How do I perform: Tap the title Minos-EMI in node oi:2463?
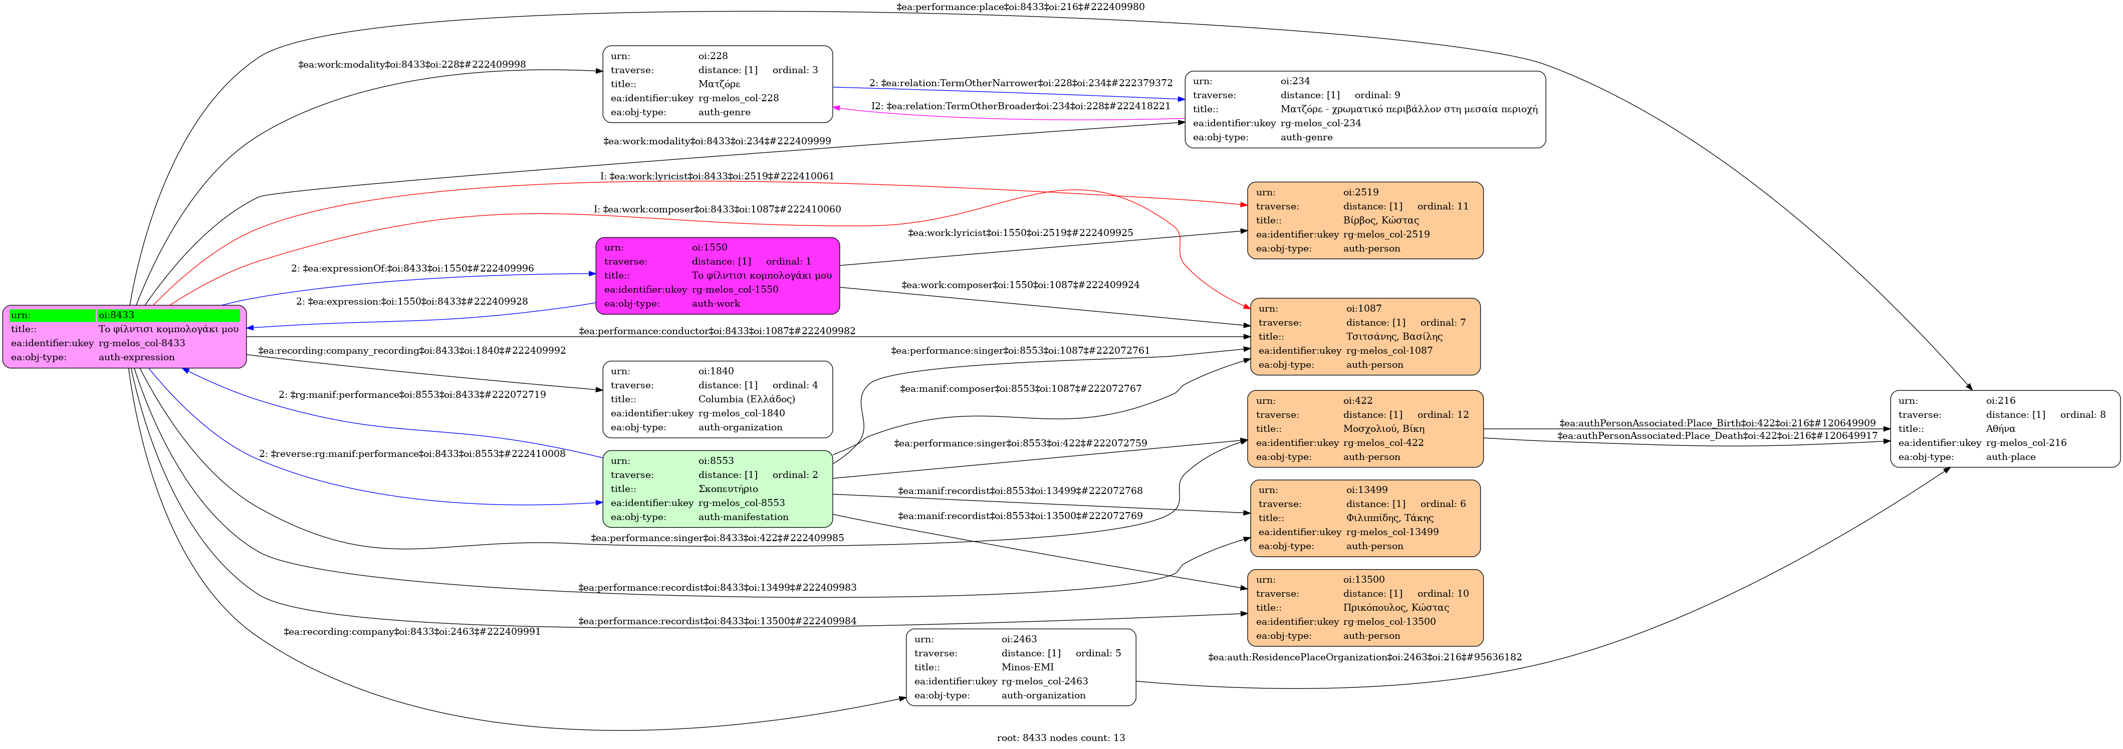click(1028, 667)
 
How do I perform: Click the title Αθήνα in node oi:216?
click(2000, 428)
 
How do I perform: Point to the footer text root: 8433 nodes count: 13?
click(1061, 737)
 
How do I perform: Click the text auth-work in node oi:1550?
click(716, 303)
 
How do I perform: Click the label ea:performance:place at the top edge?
click(1020, 7)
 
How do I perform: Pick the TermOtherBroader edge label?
click(1020, 106)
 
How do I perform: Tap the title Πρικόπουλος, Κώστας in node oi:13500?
click(1396, 607)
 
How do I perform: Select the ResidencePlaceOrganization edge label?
click(1365, 657)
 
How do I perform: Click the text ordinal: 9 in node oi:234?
click(1377, 95)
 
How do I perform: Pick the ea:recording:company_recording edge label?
click(412, 350)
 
